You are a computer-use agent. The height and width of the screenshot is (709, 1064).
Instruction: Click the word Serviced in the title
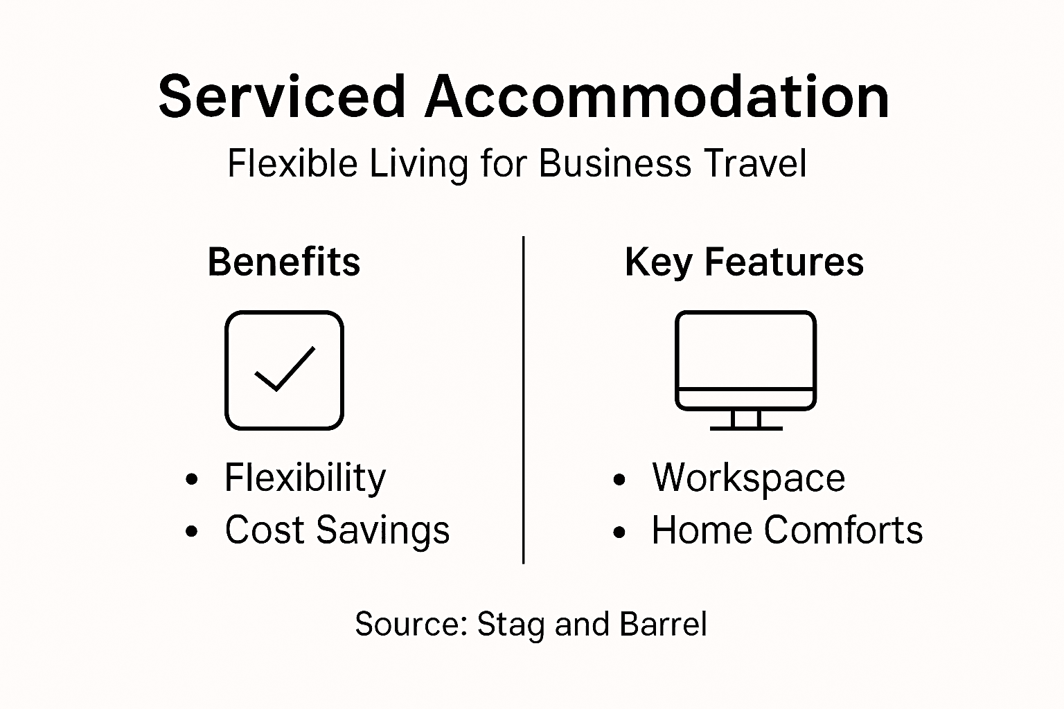281,97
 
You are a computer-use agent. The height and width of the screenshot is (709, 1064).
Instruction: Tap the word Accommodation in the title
657,97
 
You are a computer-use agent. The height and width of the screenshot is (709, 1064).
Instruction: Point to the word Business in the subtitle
614,165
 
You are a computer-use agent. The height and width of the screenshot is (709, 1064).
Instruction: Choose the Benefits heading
284,262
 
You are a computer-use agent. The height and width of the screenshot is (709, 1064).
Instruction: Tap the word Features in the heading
784,262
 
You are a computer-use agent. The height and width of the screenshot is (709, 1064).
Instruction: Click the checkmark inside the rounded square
285,369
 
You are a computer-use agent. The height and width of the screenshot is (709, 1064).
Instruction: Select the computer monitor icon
745,360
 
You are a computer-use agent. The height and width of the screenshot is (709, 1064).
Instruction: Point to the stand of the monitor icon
746,420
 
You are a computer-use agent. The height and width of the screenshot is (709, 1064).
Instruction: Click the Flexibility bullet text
305,478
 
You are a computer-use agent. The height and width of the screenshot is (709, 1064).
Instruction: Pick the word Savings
383,531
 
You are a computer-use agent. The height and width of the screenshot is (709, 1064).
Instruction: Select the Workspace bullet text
748,478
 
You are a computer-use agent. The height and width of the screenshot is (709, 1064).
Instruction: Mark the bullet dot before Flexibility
192,479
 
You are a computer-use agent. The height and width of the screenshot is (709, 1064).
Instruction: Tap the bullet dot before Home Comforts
619,532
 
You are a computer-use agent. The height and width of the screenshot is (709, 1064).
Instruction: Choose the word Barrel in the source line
663,624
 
